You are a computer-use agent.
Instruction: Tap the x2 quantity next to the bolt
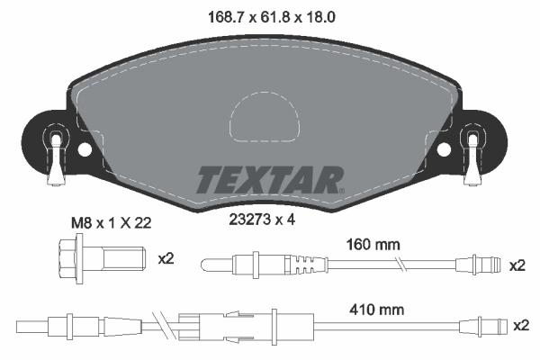166,259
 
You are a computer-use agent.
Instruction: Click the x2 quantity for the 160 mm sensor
516,265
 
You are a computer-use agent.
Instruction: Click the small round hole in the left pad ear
85,150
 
